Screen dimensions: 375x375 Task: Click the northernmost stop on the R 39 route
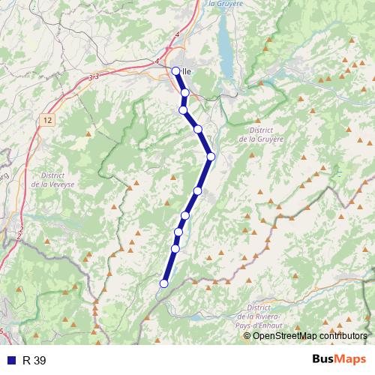click(x=175, y=71)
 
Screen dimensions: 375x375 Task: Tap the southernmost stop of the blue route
click(x=163, y=283)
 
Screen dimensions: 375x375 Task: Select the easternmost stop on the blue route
click(x=211, y=156)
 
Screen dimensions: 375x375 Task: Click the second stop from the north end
click(x=184, y=93)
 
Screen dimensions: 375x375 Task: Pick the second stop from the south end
click(x=175, y=248)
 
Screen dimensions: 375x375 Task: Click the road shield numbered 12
click(x=48, y=120)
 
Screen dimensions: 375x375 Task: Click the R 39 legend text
click(x=34, y=360)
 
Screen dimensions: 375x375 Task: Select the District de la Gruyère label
click(x=261, y=134)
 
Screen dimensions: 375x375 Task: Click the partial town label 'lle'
click(x=186, y=72)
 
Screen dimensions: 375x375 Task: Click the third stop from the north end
click(x=183, y=110)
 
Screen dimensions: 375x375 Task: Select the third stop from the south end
click(x=178, y=232)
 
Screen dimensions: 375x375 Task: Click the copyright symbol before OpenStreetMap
click(x=248, y=335)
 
